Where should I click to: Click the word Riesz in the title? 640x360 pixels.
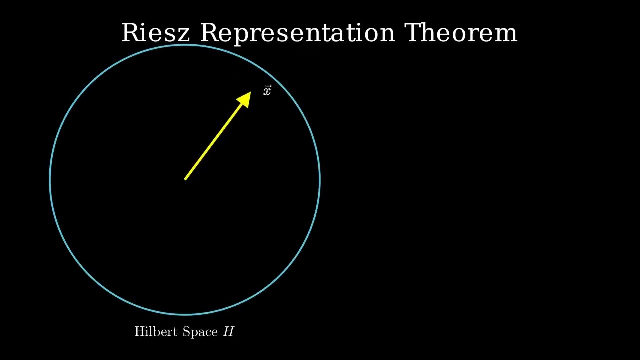[155, 33]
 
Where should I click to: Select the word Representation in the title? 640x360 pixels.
[297, 33]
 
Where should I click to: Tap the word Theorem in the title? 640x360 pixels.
[460, 33]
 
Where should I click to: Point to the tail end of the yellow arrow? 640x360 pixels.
[185, 179]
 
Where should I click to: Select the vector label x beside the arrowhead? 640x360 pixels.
[267, 91]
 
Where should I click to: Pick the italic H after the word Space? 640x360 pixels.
[228, 332]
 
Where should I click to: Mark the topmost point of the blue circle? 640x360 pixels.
[185, 45]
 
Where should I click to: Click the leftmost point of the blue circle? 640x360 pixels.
[50, 180]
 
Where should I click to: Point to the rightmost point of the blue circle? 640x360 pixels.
[319, 180]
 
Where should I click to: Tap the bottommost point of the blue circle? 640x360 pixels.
[185, 314]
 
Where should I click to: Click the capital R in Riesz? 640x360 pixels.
[130, 33]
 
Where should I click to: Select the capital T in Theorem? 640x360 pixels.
[414, 33]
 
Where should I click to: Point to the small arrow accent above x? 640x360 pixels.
[268, 87]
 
